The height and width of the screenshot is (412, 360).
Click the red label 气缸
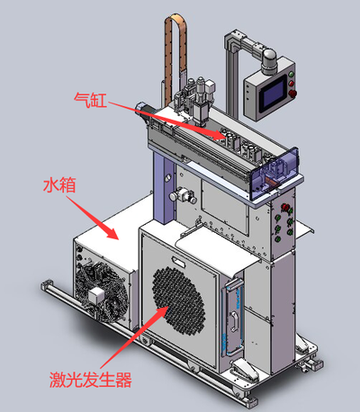pyautogui.click(x=90, y=100)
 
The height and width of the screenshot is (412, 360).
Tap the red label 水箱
pyautogui.click(x=59, y=184)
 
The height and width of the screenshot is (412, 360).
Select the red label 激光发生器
pyautogui.click(x=91, y=380)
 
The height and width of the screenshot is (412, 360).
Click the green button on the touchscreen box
pyautogui.click(x=291, y=74)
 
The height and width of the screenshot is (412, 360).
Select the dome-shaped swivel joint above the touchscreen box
pyautogui.click(x=269, y=61)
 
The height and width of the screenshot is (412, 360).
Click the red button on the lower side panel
pyautogui.click(x=284, y=207)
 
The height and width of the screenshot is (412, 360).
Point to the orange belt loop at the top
pyautogui.click(x=175, y=60)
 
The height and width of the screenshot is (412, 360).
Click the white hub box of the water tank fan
pyautogui.click(x=96, y=295)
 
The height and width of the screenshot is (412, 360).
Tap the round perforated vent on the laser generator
pyautogui.click(x=179, y=300)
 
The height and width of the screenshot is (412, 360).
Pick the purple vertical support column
pyautogui.click(x=164, y=187)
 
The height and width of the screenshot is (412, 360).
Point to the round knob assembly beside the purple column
pyautogui.click(x=183, y=195)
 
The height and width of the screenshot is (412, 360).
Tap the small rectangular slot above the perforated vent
pyautogui.click(x=178, y=262)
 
